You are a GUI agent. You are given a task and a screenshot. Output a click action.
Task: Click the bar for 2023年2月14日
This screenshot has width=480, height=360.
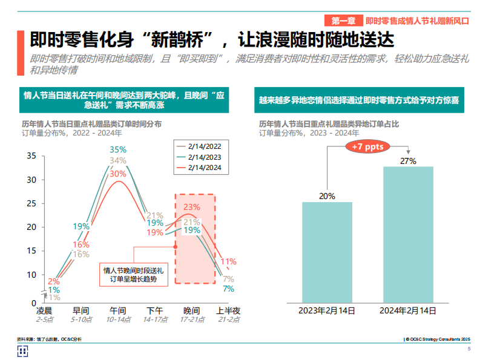click(327, 252)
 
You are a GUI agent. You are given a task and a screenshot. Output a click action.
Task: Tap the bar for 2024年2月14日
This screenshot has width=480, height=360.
click(408, 234)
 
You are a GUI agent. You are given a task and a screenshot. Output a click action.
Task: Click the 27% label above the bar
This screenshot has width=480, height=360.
click(408, 161)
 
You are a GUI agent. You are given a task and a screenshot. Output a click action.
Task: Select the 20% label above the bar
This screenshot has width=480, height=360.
click(327, 196)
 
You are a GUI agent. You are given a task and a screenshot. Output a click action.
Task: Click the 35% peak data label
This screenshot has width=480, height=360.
click(118, 149)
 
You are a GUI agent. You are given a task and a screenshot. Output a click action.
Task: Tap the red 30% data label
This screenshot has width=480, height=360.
click(118, 173)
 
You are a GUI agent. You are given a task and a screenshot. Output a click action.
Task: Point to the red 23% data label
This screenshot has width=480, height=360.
click(192, 207)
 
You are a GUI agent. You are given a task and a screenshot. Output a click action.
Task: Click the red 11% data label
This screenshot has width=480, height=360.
click(228, 261)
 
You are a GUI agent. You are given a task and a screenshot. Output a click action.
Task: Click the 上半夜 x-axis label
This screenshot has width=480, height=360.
click(228, 310)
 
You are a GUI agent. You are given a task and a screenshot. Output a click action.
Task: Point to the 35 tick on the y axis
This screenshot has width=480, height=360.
click(31, 156)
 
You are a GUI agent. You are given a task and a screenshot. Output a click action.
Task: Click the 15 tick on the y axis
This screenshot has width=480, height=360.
click(31, 251)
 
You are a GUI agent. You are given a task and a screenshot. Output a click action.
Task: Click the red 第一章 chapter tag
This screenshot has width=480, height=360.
click(343, 20)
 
